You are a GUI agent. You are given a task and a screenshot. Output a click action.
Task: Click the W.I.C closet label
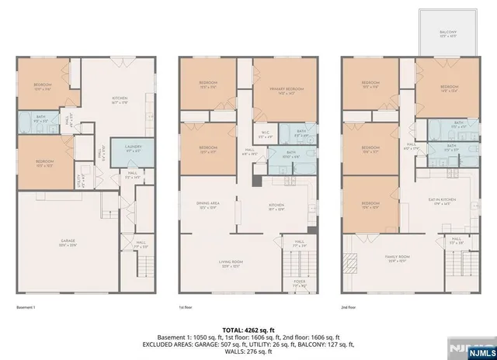[x=265, y=131]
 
